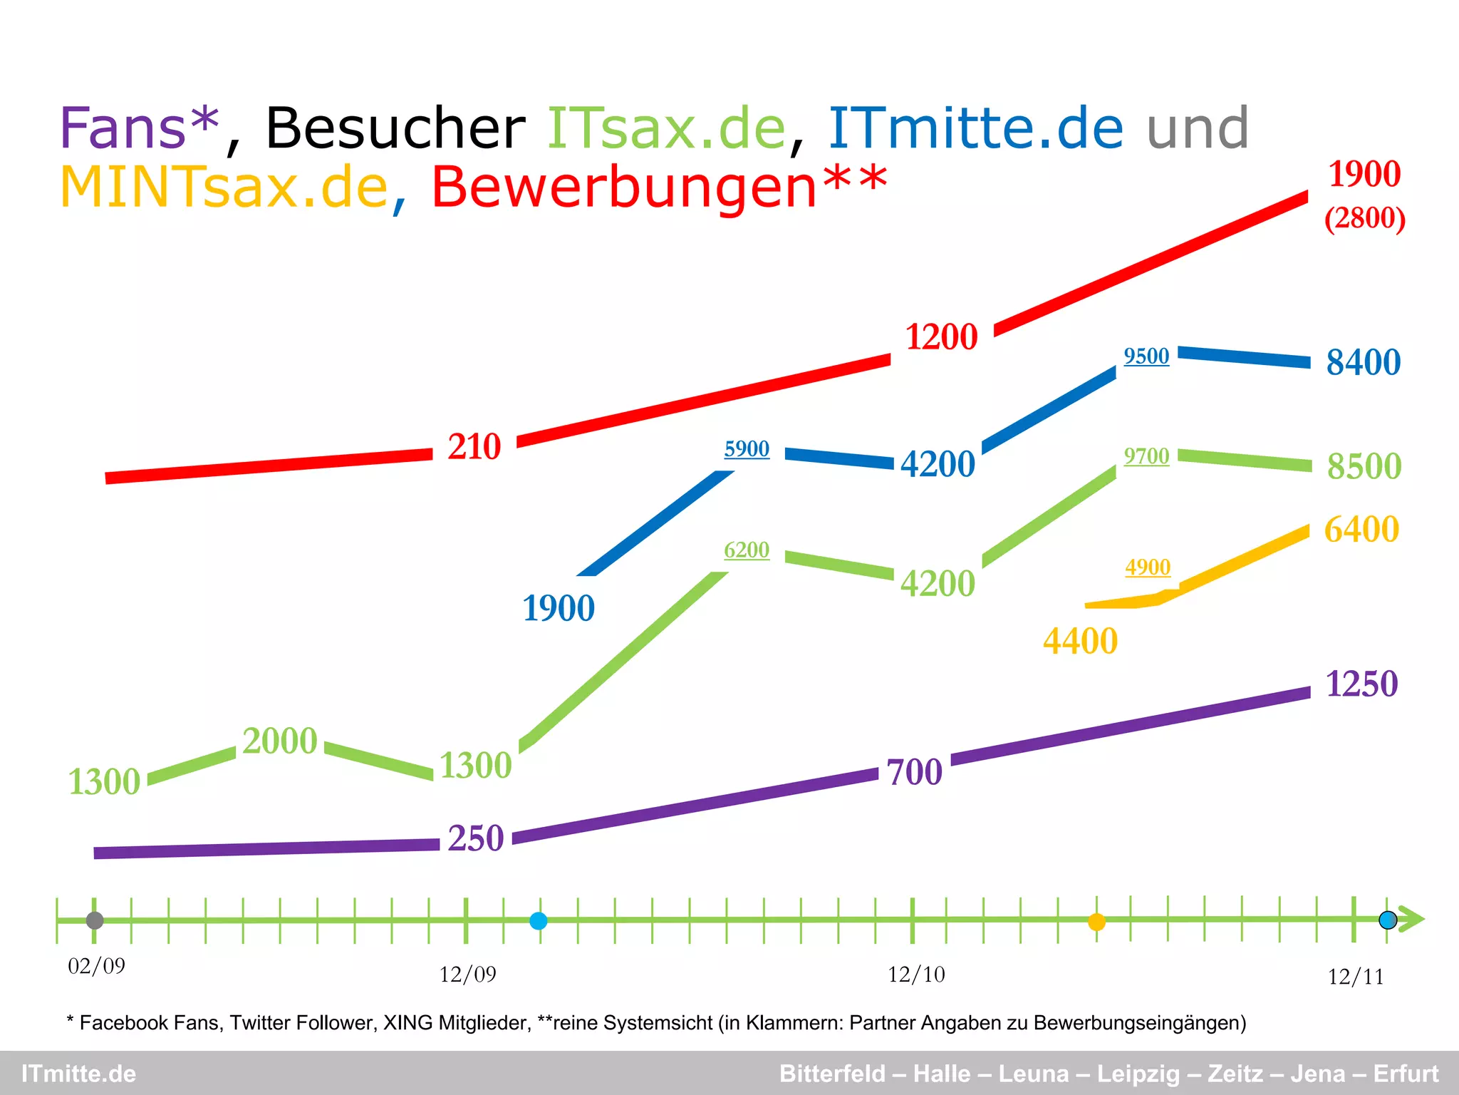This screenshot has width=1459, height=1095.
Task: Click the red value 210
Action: tap(474, 447)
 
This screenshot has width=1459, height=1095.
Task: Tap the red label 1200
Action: tap(941, 337)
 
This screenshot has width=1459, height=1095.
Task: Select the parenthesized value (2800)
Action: tap(1364, 218)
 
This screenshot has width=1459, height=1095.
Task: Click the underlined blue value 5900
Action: tap(747, 449)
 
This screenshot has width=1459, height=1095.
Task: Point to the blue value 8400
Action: tap(1363, 362)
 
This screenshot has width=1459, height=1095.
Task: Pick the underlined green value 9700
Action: tap(1146, 456)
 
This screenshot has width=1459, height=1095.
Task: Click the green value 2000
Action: tap(279, 741)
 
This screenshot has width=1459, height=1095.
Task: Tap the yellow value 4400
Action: tap(1080, 642)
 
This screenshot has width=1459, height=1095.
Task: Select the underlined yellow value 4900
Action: tap(1148, 567)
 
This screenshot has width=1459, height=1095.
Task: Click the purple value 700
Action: tap(914, 773)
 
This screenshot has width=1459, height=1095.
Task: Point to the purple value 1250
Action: tap(1361, 684)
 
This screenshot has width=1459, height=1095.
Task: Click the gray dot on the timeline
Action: tap(95, 920)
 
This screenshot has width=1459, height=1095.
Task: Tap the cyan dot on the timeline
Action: tap(539, 921)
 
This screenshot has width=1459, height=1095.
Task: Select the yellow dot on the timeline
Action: tap(1096, 922)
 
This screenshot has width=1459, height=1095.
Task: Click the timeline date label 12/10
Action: tap(916, 975)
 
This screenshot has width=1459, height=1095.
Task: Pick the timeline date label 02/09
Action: tap(96, 967)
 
